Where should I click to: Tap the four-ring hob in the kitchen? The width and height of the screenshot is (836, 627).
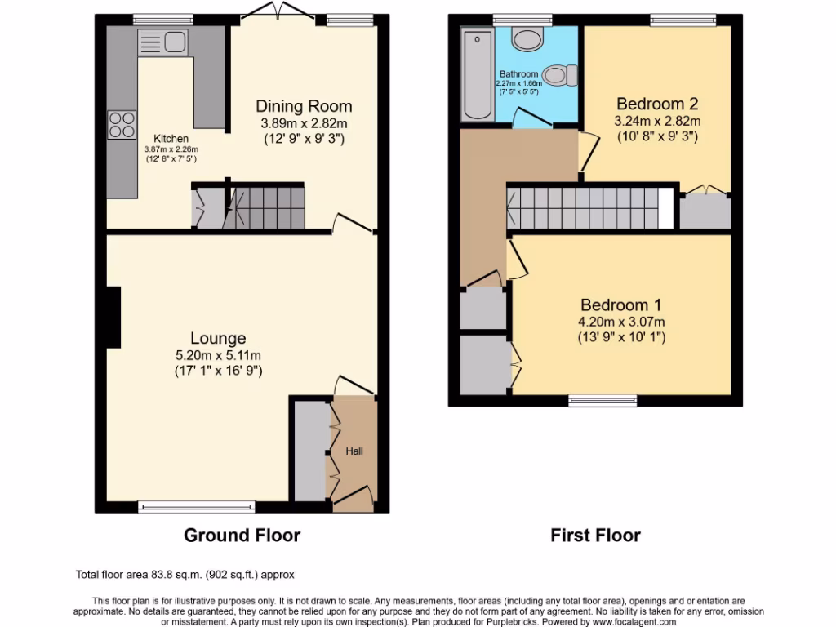tap(122, 123)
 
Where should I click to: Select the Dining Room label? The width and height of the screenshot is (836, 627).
tap(304, 106)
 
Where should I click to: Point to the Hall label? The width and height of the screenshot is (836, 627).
tap(354, 451)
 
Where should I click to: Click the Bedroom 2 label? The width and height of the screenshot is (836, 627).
tap(657, 104)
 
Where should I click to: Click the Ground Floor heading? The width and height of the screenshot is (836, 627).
tap(242, 536)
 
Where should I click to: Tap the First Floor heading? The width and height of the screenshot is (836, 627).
tap(595, 536)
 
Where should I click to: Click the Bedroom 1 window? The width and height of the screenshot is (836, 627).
tap(603, 401)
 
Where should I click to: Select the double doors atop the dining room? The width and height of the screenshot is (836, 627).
tap(271, 11)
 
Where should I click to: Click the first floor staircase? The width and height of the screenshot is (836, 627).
tap(584, 208)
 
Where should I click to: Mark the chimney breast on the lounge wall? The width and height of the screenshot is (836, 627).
tap(113, 316)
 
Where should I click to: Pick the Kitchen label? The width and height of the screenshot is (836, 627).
tap(171, 139)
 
